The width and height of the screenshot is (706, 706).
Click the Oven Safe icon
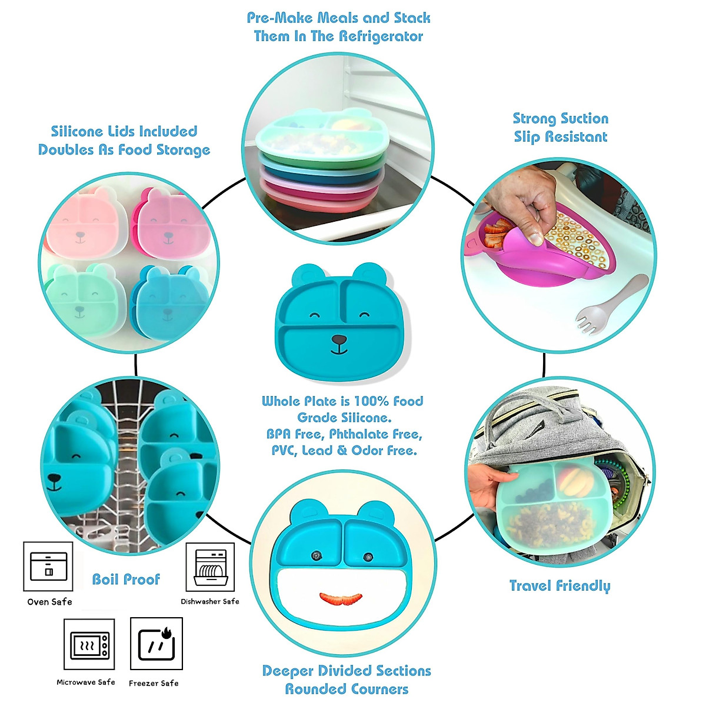[48, 567]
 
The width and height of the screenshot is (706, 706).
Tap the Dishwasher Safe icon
[210, 567]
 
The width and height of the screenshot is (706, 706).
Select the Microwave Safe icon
[89, 645]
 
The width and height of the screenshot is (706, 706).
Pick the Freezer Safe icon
[156, 644]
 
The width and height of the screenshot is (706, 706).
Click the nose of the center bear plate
[339, 340]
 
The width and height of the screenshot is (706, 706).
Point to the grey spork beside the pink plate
[606, 306]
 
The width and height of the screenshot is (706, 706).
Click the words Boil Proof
[126, 580]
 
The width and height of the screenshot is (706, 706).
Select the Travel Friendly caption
[560, 586]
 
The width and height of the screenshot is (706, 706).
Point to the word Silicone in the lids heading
[78, 132]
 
